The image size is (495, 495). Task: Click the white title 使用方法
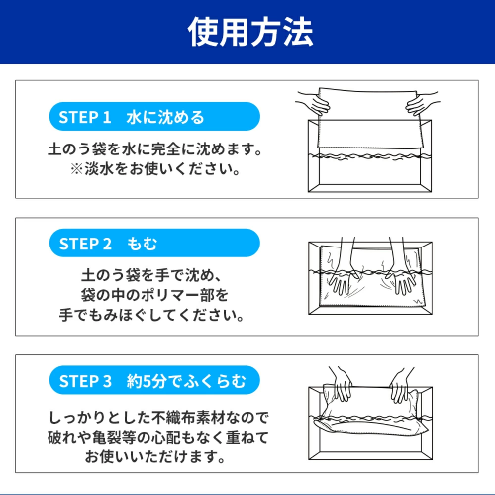pos(250,32)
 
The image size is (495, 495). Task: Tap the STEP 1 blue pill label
pos(154,117)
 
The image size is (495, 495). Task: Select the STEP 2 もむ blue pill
pos(154,243)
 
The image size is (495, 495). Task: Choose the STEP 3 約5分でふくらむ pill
pos(154,380)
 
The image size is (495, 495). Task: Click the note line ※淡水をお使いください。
pos(155,169)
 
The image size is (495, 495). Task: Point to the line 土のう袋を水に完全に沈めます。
pos(155,149)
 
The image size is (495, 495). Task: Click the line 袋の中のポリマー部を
pos(154,295)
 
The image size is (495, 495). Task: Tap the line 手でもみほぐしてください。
pos(151,315)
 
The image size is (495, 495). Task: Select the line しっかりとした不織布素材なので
pos(158,418)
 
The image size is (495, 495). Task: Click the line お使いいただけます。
pos(155,457)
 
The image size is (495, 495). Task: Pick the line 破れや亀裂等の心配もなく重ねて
pos(158,438)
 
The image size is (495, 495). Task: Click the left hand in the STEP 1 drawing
pos(314,103)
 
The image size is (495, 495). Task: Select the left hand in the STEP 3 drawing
pos(343,384)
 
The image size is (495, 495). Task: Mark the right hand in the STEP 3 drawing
pos(400,385)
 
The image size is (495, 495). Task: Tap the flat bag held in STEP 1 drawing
pos(369,121)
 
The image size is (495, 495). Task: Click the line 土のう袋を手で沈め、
pos(150,275)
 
